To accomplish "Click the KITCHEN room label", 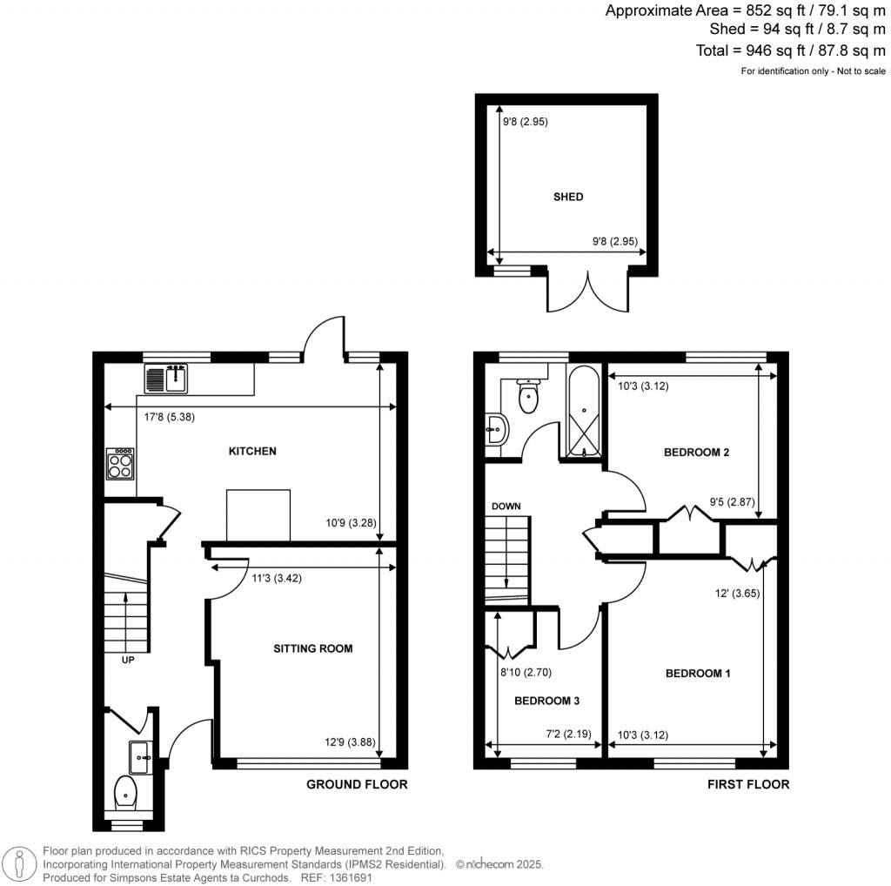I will [252, 451].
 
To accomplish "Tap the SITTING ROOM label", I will [312, 648].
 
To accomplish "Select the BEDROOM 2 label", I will [696, 452].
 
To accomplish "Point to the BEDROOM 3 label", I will [546, 701].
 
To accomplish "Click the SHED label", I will [569, 197].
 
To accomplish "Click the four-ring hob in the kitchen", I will [120, 463].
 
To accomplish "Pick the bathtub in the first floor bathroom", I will [582, 411].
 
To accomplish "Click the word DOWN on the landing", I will [506, 506].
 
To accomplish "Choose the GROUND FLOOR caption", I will [357, 784].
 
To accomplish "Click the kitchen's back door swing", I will [324, 337].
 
